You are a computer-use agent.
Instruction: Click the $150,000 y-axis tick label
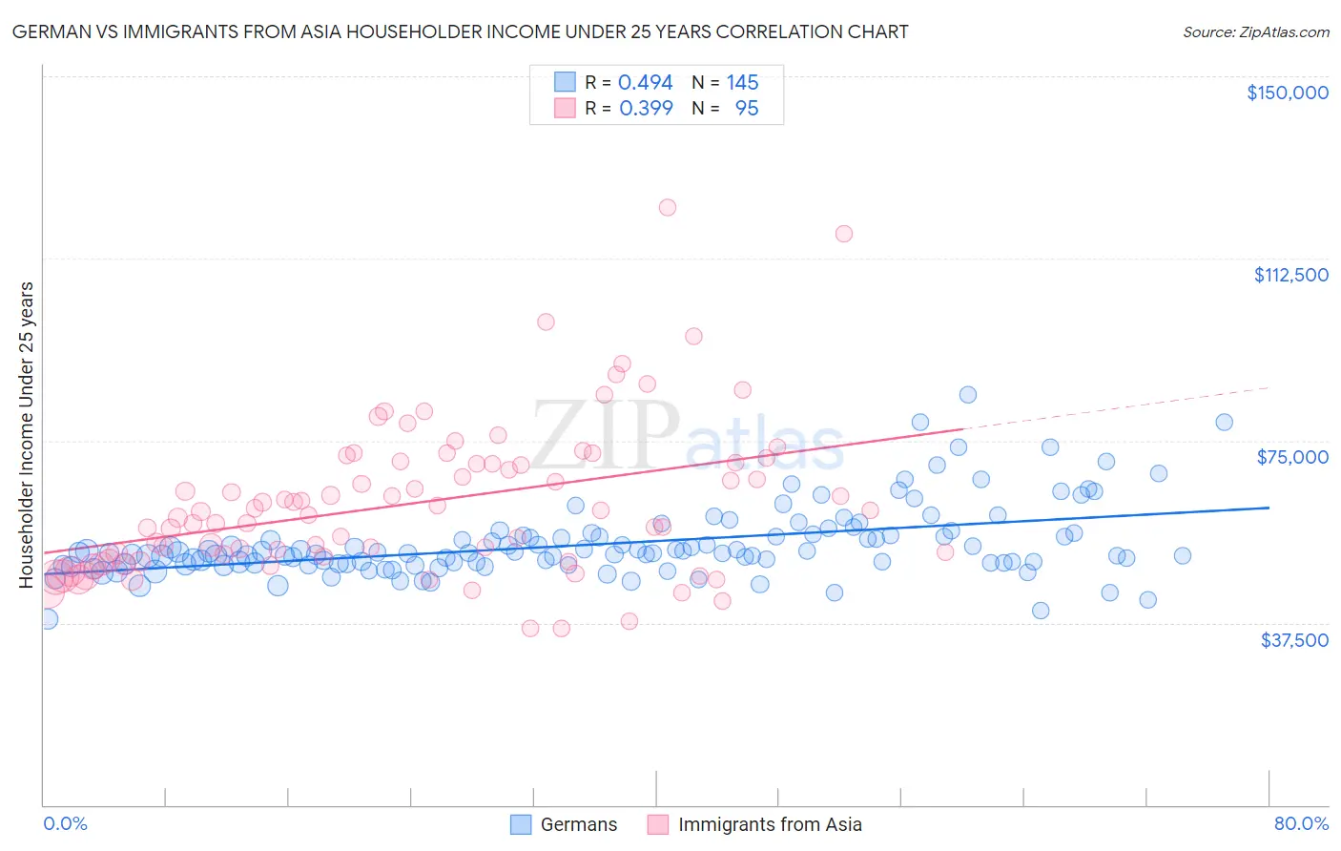(x=1287, y=93)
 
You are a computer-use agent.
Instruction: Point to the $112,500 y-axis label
(x=1290, y=275)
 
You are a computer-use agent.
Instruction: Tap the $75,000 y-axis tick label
(x=1292, y=457)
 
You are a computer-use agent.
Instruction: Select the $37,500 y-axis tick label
(x=1293, y=640)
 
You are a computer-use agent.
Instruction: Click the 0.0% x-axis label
(x=65, y=823)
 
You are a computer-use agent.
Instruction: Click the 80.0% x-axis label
(x=1301, y=823)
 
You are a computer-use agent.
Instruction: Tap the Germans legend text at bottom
(x=578, y=824)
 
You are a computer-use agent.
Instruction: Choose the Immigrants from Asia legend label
(x=770, y=824)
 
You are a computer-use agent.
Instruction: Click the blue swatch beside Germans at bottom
(x=521, y=824)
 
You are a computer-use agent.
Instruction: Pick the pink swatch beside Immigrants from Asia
(x=658, y=824)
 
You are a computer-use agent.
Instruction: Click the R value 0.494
(x=646, y=83)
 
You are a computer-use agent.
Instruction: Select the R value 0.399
(x=646, y=109)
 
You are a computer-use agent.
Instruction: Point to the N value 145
(x=742, y=83)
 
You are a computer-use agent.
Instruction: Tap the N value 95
(x=747, y=109)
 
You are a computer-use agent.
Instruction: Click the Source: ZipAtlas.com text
(x=1255, y=31)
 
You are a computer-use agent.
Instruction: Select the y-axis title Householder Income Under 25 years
(x=27, y=434)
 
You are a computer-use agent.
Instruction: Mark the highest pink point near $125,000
(x=668, y=207)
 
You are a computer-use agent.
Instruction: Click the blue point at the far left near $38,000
(x=47, y=618)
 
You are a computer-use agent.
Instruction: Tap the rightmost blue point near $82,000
(x=1224, y=422)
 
